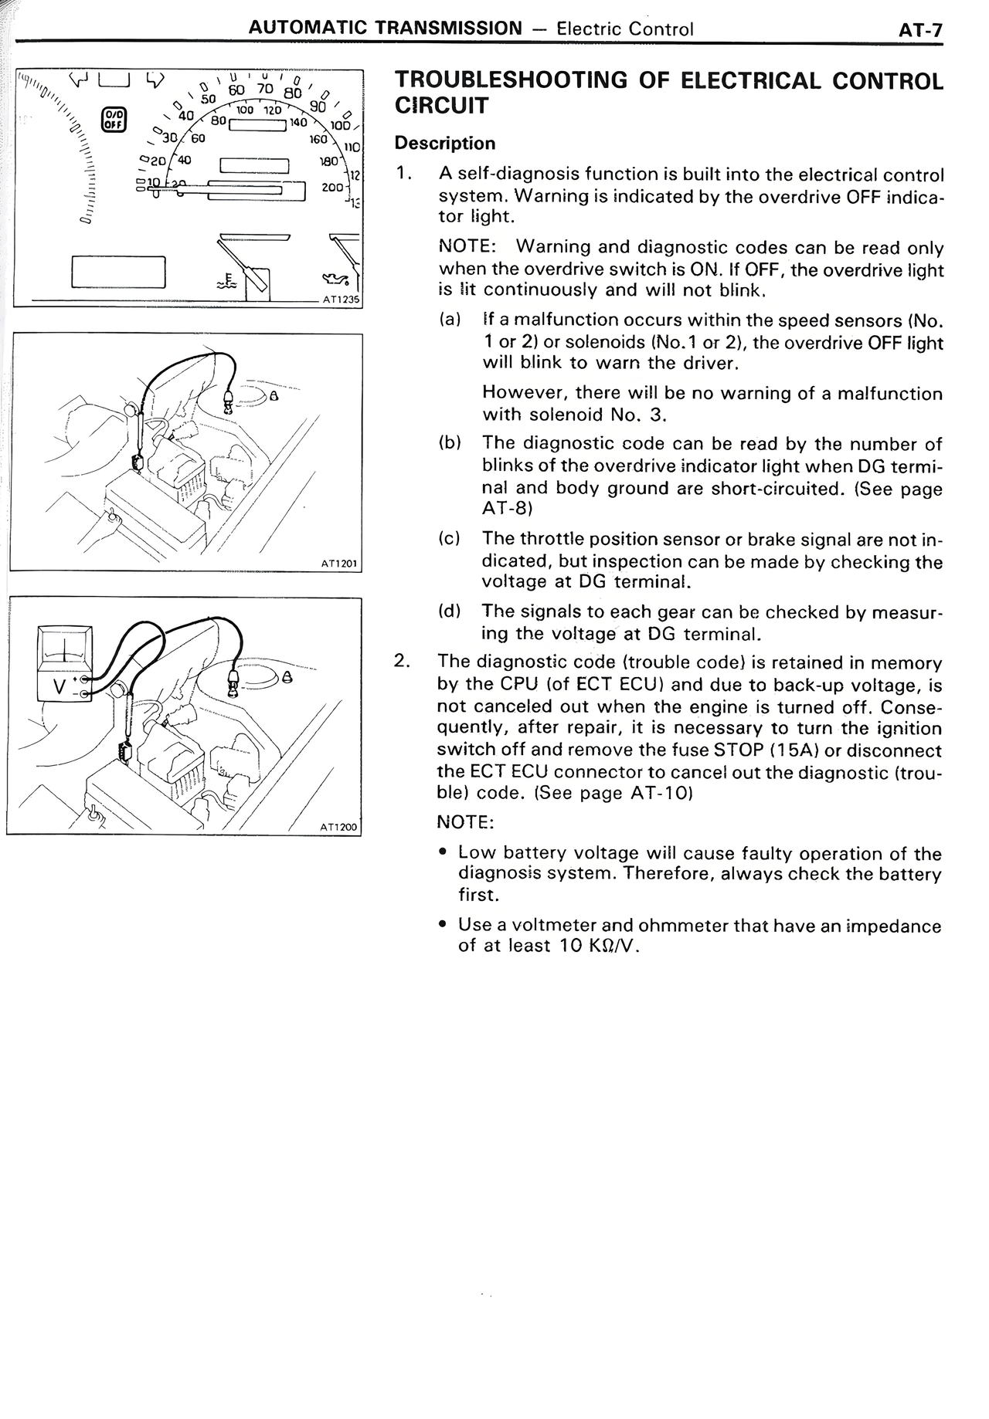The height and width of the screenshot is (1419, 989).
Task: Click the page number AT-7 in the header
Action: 920,30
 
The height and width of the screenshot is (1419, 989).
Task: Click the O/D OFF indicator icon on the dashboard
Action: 114,120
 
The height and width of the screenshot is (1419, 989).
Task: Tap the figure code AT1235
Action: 341,300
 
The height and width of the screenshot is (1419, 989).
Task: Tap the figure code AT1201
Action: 340,564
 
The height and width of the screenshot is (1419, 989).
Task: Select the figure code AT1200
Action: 339,827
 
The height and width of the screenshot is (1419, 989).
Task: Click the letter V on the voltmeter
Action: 59,686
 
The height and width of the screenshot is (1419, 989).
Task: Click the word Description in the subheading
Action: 444,144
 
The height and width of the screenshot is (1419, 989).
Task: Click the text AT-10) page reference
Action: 661,793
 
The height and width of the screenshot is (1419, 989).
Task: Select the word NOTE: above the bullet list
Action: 464,822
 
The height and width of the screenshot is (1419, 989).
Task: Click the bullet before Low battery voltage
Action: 442,853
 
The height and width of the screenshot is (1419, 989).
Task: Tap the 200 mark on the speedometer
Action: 331,187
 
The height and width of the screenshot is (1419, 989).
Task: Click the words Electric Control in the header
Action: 624,29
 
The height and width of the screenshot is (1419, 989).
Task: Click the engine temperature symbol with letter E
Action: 228,279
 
